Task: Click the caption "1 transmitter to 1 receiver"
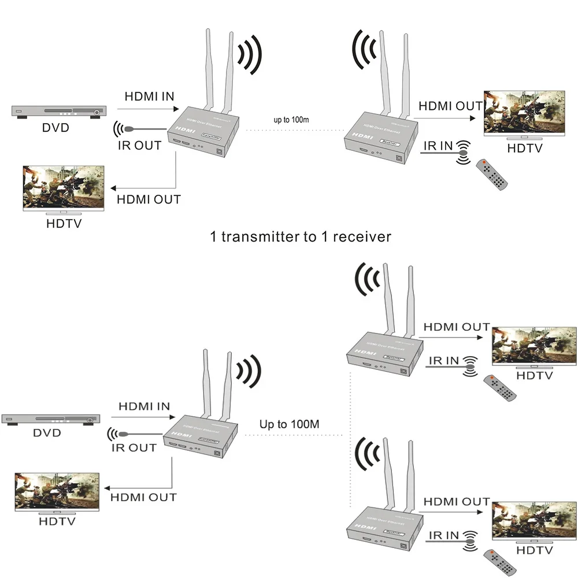tap(301, 236)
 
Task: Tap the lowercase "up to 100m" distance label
tap(292, 120)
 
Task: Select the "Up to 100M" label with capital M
tap(289, 424)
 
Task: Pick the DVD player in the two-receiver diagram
tap(50, 418)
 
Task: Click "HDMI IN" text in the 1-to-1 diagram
tap(149, 96)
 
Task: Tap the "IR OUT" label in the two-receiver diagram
tap(135, 447)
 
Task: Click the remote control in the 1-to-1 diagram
tap(491, 174)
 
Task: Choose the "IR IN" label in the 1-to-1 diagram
tap(438, 146)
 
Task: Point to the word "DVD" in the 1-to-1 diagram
tap(55, 127)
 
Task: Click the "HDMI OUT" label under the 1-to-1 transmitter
tap(149, 199)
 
